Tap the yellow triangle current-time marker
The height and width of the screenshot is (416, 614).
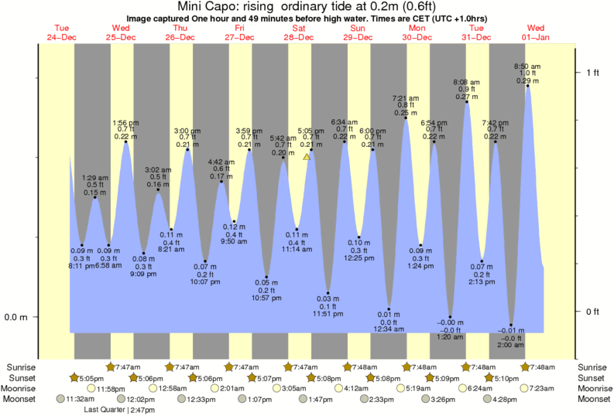[307, 157]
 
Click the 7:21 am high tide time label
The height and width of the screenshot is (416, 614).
[406, 98]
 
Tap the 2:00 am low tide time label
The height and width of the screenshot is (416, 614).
[510, 346]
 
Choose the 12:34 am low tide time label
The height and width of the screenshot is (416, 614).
[389, 329]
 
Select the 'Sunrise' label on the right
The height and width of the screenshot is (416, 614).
[593, 366]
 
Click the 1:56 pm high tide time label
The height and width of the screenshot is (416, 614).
[126, 122]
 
